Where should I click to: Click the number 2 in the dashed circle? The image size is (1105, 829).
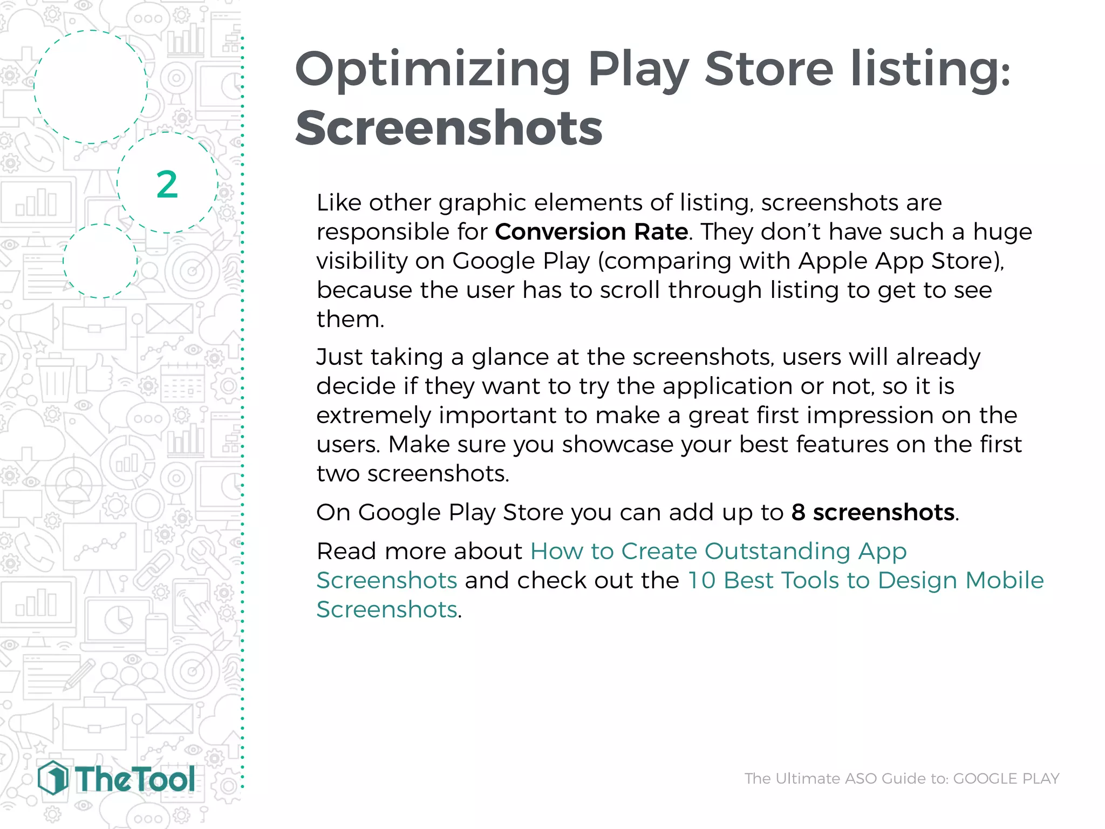tap(167, 185)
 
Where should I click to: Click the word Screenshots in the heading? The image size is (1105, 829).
tap(448, 128)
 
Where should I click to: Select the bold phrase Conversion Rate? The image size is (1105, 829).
tap(591, 232)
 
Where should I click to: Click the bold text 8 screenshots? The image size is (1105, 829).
tap(872, 512)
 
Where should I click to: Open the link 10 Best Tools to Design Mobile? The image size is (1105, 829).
tap(865, 580)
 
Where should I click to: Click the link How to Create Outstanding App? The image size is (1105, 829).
tap(718, 551)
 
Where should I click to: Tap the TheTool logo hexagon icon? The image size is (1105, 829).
tap(53, 778)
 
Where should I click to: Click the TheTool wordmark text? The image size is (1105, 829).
tap(135, 779)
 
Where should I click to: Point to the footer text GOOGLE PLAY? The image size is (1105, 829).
tap(1006, 778)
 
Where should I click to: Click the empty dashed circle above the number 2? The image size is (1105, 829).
tap(91, 86)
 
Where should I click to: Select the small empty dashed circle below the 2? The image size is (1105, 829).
tap(100, 261)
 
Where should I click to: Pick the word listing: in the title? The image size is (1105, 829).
tap(930, 70)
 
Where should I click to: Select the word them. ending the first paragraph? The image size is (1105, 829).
tap(350, 319)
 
